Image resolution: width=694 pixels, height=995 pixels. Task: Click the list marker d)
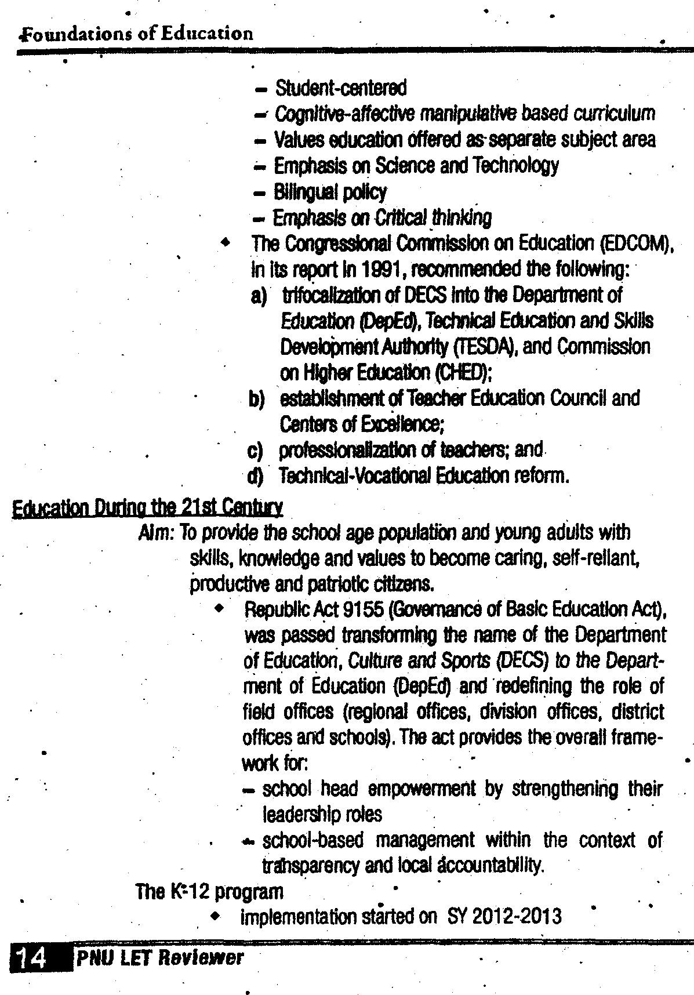[x=255, y=477]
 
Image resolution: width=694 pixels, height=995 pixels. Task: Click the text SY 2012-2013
[x=504, y=917]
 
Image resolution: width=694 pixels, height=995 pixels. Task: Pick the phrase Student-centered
[x=340, y=88]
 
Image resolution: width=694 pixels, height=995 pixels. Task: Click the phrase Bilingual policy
[x=330, y=192]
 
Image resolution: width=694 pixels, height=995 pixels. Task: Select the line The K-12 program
[x=209, y=891]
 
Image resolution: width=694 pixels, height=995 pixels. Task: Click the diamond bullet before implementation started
[x=216, y=917]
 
